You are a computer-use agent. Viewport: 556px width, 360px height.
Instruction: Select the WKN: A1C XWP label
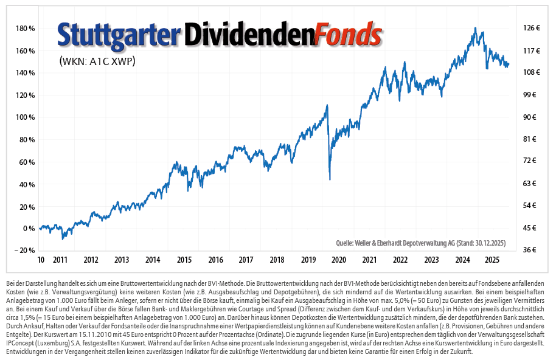(97, 61)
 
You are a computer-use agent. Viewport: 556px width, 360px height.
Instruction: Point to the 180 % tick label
(25, 29)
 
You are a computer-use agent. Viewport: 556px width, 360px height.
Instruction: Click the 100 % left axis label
(25, 117)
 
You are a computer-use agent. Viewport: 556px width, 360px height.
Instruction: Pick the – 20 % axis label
(24, 251)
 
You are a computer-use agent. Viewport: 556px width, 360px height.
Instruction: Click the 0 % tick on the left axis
(28, 229)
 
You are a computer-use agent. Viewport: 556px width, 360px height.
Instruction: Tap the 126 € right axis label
(532, 29)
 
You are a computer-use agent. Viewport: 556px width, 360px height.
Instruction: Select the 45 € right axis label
(529, 229)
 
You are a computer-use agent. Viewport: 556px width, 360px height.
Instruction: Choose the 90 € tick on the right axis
(529, 117)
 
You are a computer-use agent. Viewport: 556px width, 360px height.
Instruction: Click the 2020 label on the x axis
(338, 260)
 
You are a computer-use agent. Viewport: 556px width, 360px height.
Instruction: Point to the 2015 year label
(184, 260)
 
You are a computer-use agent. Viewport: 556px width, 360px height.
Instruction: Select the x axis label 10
(40, 260)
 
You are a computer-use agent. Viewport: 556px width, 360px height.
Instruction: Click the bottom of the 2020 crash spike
(330, 179)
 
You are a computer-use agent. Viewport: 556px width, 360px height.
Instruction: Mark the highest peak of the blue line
(474, 28)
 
